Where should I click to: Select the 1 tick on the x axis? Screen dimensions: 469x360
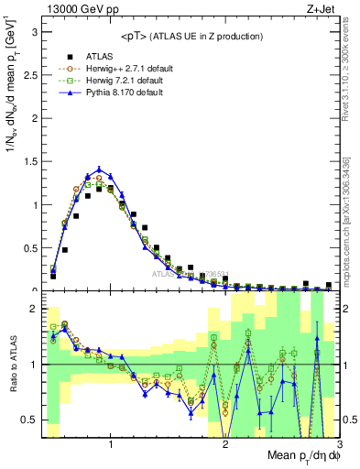point(111,444)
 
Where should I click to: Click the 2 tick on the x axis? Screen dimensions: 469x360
point(225,444)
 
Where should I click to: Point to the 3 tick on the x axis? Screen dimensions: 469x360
point(339,444)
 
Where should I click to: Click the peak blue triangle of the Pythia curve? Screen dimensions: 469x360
point(99,169)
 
